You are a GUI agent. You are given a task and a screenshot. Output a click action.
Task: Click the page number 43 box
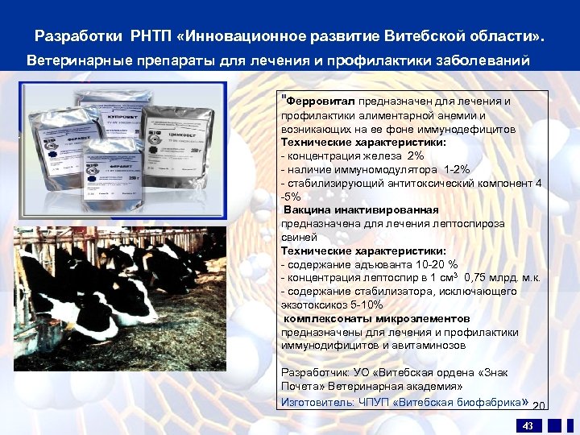coord(528,425)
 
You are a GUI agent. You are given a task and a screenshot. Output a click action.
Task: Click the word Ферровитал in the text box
coord(313,101)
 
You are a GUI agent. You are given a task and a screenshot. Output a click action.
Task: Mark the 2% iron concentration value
coord(415,155)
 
